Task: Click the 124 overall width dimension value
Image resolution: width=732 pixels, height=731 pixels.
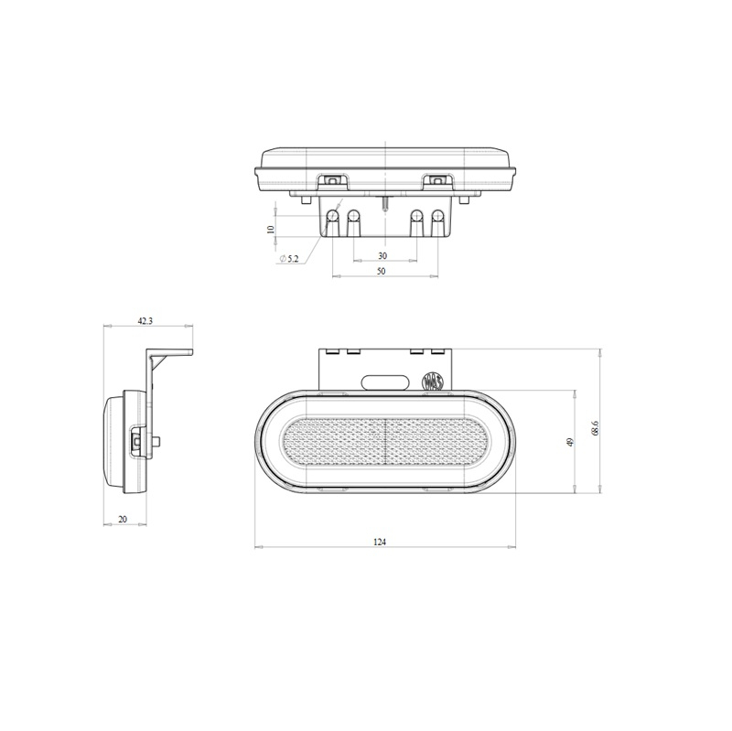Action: (380, 542)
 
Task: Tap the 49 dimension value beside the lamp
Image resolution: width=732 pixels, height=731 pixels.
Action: (570, 443)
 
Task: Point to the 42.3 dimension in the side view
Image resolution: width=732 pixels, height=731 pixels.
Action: (145, 321)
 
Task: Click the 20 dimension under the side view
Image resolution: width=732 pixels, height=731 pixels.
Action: (123, 520)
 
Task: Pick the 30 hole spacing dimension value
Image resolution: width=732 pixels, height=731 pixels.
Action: (382, 255)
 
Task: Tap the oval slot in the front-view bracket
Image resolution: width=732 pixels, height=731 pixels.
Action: (384, 382)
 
